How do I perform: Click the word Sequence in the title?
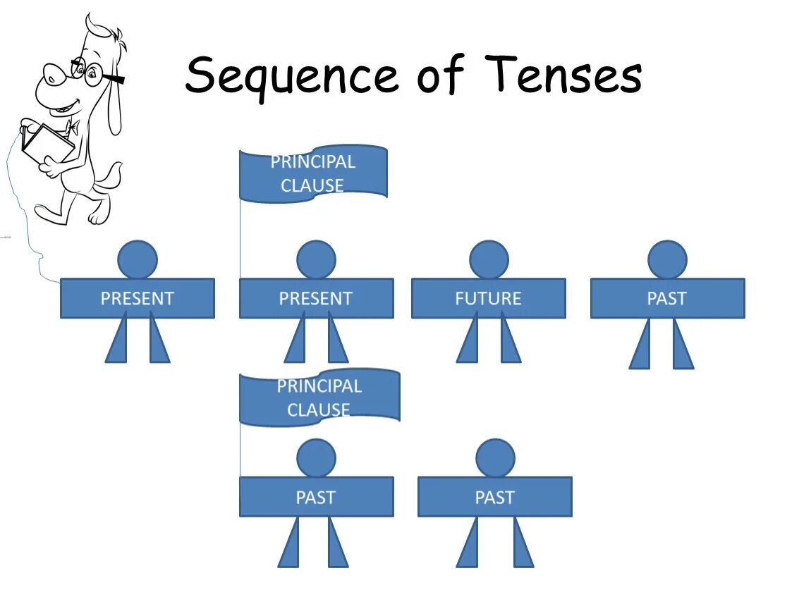click(292, 76)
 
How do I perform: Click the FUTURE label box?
click(488, 298)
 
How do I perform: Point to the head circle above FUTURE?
click(489, 259)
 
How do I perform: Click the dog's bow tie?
click(71, 128)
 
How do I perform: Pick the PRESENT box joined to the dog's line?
click(137, 298)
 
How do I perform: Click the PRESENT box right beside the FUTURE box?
click(316, 298)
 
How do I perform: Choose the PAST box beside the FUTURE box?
click(666, 298)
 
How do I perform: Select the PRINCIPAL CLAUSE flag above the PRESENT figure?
click(313, 173)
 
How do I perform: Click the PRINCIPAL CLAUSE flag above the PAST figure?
click(319, 398)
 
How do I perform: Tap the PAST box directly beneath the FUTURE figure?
click(494, 497)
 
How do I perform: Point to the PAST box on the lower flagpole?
click(316, 497)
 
